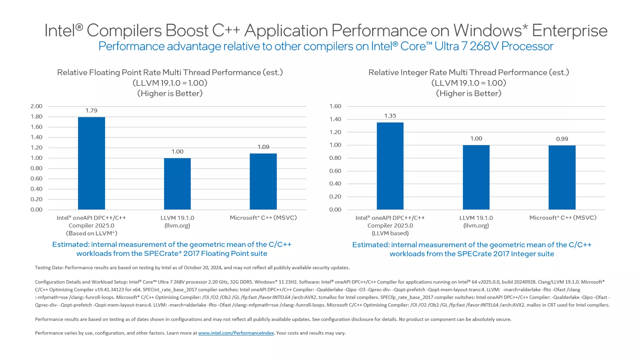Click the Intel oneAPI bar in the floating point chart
(x=91, y=163)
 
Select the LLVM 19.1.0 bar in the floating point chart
(x=177, y=184)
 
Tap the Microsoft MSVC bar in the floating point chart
(x=263, y=181)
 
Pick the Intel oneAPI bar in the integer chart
(x=390, y=166)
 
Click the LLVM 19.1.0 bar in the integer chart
(x=476, y=177)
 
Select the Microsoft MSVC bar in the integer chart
(x=562, y=178)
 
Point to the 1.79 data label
(x=91, y=111)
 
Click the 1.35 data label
(x=390, y=116)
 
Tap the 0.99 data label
(x=562, y=139)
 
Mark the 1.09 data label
(x=263, y=147)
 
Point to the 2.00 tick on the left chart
(x=36, y=106)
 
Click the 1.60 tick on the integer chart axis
(x=335, y=106)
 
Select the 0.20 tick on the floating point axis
(x=36, y=199)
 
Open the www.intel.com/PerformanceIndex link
(x=236, y=333)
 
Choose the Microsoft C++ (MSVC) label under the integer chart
(x=563, y=218)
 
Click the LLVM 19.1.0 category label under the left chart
(x=177, y=218)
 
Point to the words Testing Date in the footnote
(x=49, y=268)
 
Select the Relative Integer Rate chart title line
(x=469, y=73)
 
